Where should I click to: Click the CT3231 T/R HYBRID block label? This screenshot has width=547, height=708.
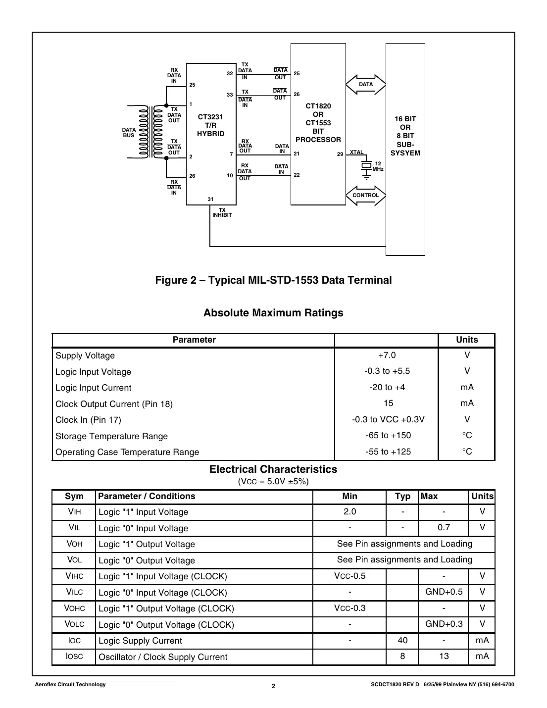coord(211,125)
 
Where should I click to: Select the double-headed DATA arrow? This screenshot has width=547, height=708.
coord(366,84)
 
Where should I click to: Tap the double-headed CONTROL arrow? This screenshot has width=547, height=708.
coord(366,195)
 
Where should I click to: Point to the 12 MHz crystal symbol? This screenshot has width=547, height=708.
coord(366,165)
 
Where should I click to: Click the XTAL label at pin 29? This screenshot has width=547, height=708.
coord(356,152)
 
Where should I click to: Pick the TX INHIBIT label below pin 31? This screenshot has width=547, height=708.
coord(222,212)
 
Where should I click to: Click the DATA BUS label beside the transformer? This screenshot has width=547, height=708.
coord(129,133)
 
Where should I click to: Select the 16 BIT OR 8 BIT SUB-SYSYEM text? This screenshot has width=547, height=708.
coord(405,136)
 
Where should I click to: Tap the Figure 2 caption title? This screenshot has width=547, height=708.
coord(273,280)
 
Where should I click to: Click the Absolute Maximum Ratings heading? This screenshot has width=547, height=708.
coord(273,313)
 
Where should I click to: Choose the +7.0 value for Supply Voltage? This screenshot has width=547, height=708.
coord(387,355)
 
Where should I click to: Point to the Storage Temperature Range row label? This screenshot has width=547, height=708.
coord(111,436)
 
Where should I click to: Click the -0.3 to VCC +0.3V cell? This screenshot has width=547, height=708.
coord(388,419)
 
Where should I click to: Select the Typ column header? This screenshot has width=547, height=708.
coord(402,496)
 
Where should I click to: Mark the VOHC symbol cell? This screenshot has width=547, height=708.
coord(74,608)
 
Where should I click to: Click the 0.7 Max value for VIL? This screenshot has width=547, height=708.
coord(444,528)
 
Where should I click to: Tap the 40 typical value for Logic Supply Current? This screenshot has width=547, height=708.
coord(402,640)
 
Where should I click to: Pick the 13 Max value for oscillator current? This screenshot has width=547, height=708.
coord(444,657)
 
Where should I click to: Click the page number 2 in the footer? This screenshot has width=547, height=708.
coord(273,686)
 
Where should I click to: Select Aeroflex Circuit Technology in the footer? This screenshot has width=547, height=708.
coord(69,684)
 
